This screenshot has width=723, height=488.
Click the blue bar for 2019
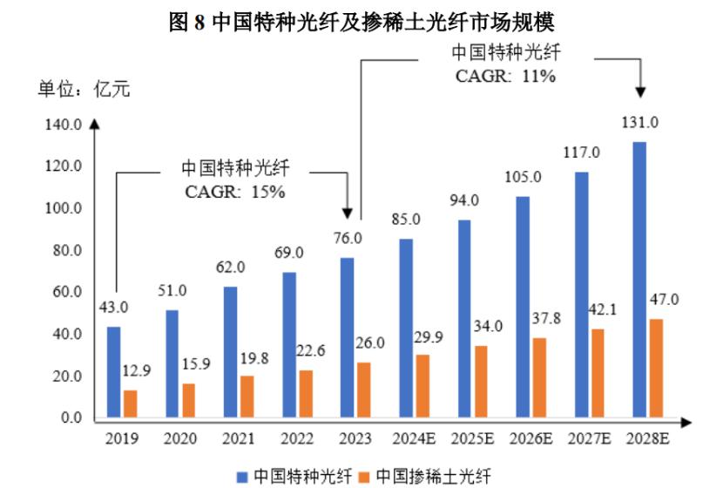[113, 373]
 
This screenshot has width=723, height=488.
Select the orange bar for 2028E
[656, 369]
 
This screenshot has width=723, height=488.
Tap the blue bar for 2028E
[639, 280]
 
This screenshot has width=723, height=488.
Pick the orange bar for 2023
[363, 390]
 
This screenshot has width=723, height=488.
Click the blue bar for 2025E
[464, 319]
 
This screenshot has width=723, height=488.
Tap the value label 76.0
[347, 238]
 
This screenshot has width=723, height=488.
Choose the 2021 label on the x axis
[238, 438]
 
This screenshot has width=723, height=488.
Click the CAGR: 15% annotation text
[235, 192]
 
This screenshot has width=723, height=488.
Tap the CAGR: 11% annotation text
[505, 76]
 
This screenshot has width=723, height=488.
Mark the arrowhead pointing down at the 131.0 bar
[640, 90]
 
